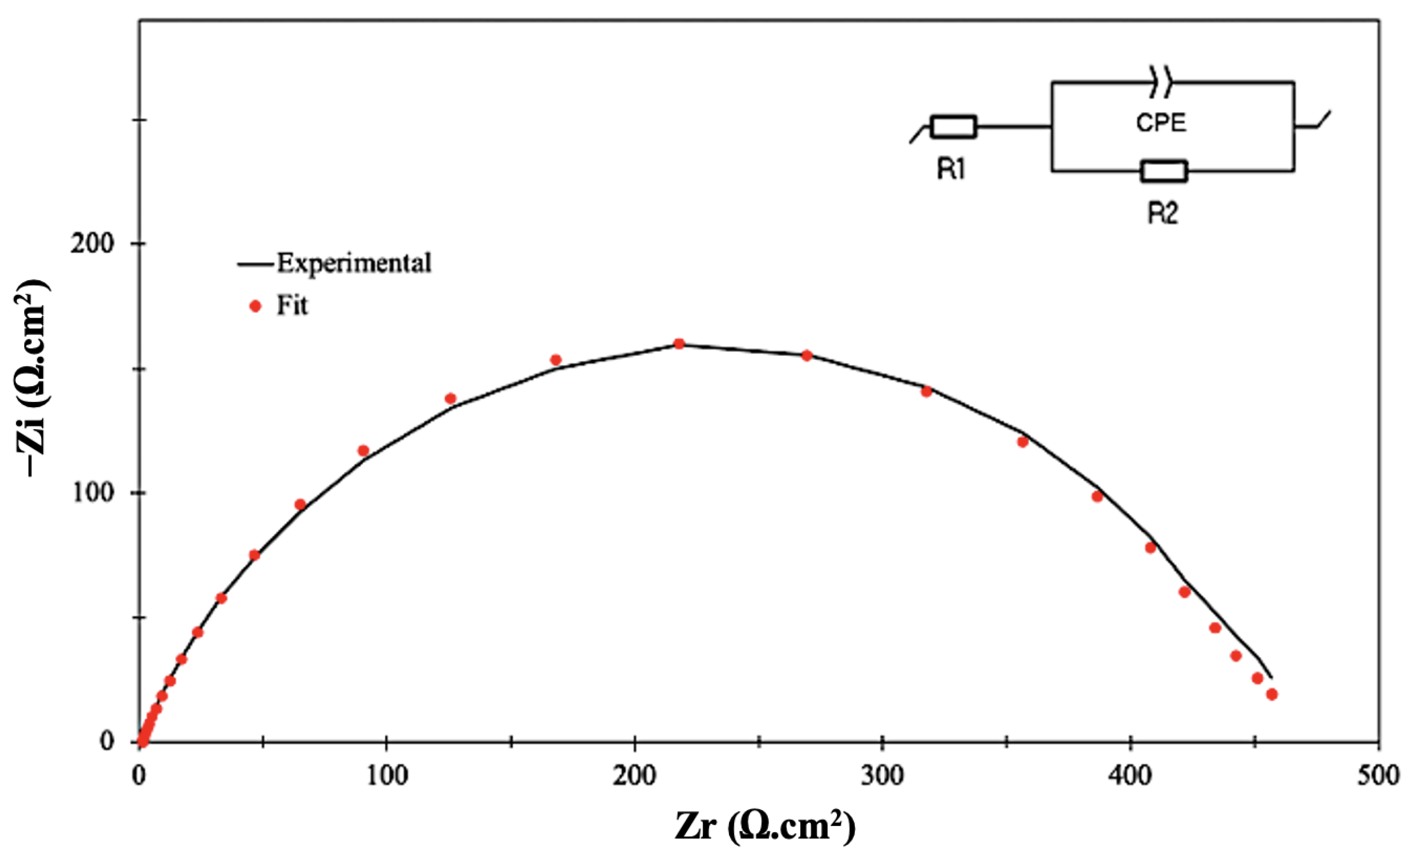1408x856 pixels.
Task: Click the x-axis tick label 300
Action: click(883, 777)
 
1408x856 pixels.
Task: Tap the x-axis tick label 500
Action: click(1378, 777)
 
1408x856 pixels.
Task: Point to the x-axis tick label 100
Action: click(387, 777)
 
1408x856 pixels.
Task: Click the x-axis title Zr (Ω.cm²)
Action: click(765, 826)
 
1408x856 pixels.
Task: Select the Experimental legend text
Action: click(354, 264)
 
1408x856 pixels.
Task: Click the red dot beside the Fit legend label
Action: click(256, 307)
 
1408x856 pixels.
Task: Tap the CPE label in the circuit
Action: click(1161, 123)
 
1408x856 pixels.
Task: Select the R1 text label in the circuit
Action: click(951, 169)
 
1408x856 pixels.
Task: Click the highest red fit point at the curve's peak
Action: click(679, 344)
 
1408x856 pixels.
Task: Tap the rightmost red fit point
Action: click(1272, 694)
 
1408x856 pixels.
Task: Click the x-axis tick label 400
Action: click(1130, 777)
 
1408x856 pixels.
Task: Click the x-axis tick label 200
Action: click(635, 777)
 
